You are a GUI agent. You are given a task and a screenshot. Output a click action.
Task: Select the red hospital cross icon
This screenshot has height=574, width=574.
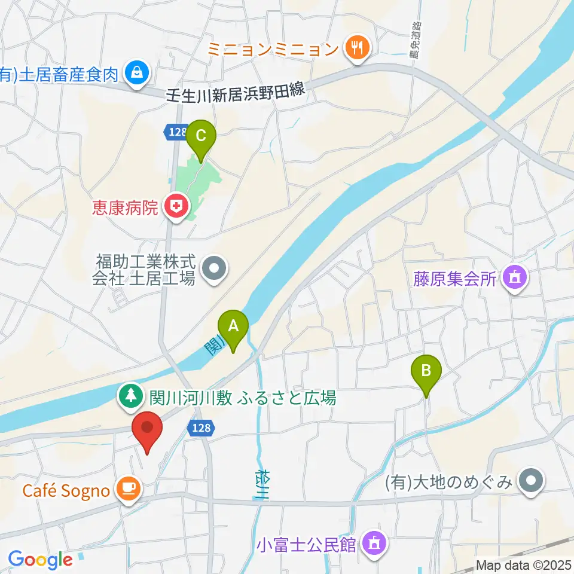[x=176, y=207]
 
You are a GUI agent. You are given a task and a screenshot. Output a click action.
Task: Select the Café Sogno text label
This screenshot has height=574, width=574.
[x=66, y=491]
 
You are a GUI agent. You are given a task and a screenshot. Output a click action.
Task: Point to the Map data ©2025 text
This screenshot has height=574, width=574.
[x=524, y=565]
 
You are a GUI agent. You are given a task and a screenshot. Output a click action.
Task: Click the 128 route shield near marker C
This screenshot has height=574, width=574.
[x=177, y=132]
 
